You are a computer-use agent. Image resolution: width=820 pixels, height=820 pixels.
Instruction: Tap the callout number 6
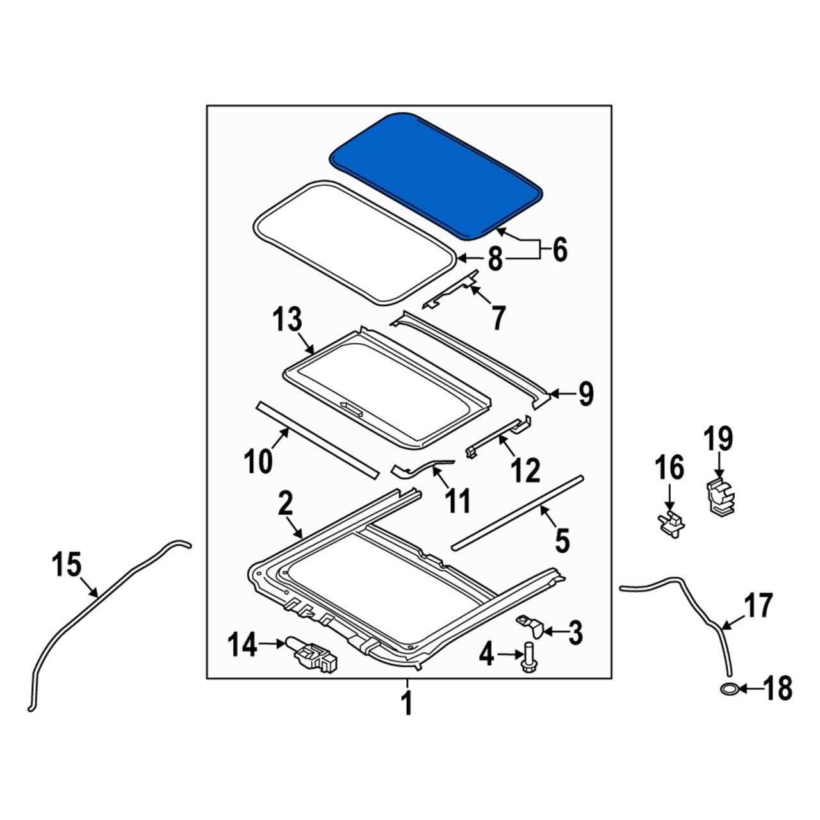tap(560, 250)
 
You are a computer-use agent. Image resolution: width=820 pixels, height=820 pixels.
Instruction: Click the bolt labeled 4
tap(529, 657)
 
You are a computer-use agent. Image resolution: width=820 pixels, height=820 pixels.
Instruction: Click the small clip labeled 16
tap(669, 522)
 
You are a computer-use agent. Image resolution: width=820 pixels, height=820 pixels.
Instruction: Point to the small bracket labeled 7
tap(452, 291)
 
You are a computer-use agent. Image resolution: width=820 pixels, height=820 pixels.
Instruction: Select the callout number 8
tap(495, 261)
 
